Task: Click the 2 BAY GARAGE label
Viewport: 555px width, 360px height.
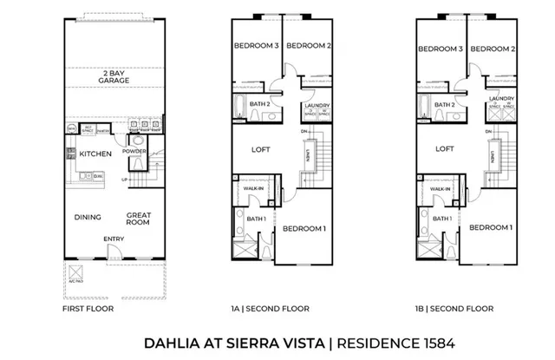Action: point(114,76)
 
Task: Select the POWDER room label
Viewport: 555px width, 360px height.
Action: point(134,151)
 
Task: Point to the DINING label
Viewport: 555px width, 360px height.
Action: point(88,218)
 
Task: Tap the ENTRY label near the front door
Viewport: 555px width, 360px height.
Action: point(113,239)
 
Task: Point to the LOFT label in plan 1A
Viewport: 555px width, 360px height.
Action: point(261,148)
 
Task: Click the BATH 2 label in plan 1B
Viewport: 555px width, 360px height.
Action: point(445,105)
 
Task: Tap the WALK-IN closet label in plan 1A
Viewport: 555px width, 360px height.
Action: point(253,188)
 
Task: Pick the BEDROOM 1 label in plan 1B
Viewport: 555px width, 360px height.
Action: point(491,227)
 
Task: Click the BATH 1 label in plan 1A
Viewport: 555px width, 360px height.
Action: point(256,219)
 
